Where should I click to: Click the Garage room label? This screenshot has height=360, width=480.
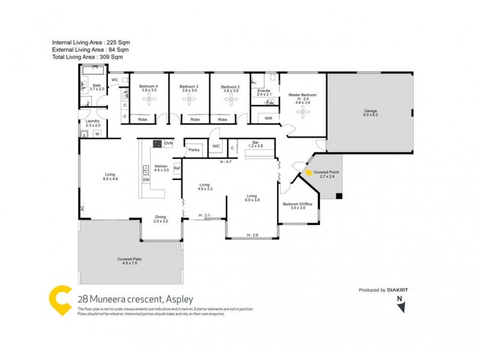pos(370,111)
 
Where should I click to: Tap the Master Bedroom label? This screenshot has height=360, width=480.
pos(302,95)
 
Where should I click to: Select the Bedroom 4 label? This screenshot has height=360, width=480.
pos(148,87)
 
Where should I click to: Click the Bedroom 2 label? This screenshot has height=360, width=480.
pos(230,87)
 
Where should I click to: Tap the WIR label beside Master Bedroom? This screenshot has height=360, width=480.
pos(268,118)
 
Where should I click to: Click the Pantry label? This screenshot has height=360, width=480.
pos(193,150)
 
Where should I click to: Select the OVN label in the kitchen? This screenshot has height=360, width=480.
pos(169,143)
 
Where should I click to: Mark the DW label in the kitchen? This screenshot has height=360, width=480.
pos(146,179)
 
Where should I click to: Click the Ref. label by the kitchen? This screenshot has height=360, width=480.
pos(177,168)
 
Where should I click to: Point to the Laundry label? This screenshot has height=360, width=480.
pos(92,121)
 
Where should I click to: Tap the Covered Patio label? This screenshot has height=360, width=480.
pos(130,259)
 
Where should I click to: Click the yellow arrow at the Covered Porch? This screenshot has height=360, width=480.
pos(309,172)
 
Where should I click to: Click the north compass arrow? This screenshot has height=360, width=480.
pos(401,307)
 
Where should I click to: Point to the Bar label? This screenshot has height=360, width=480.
pos(256,143)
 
